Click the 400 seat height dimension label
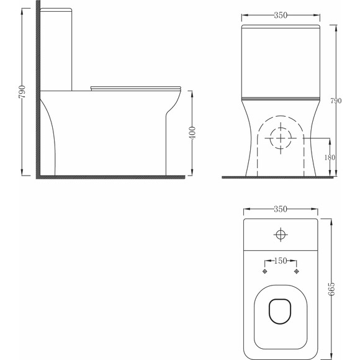(192, 133)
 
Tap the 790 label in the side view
(22, 92)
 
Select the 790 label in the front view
(336, 101)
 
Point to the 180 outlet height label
(330, 158)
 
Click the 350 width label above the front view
(281, 15)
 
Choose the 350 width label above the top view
(281, 209)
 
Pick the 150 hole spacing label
(281, 261)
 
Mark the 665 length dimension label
(331, 289)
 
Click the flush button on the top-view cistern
(281, 235)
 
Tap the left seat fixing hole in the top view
(264, 272)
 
